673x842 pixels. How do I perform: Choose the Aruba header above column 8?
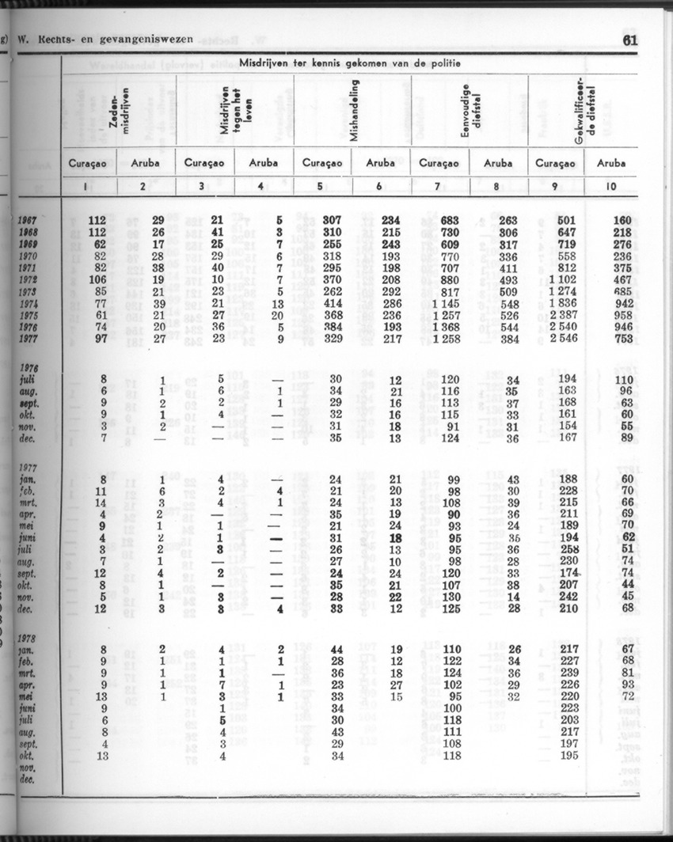coord(497,163)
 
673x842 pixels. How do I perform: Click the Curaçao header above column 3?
coord(206,163)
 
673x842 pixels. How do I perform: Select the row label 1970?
coord(29,256)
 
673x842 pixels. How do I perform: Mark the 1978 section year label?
coord(26,638)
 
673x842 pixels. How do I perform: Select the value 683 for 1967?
coord(451,221)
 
